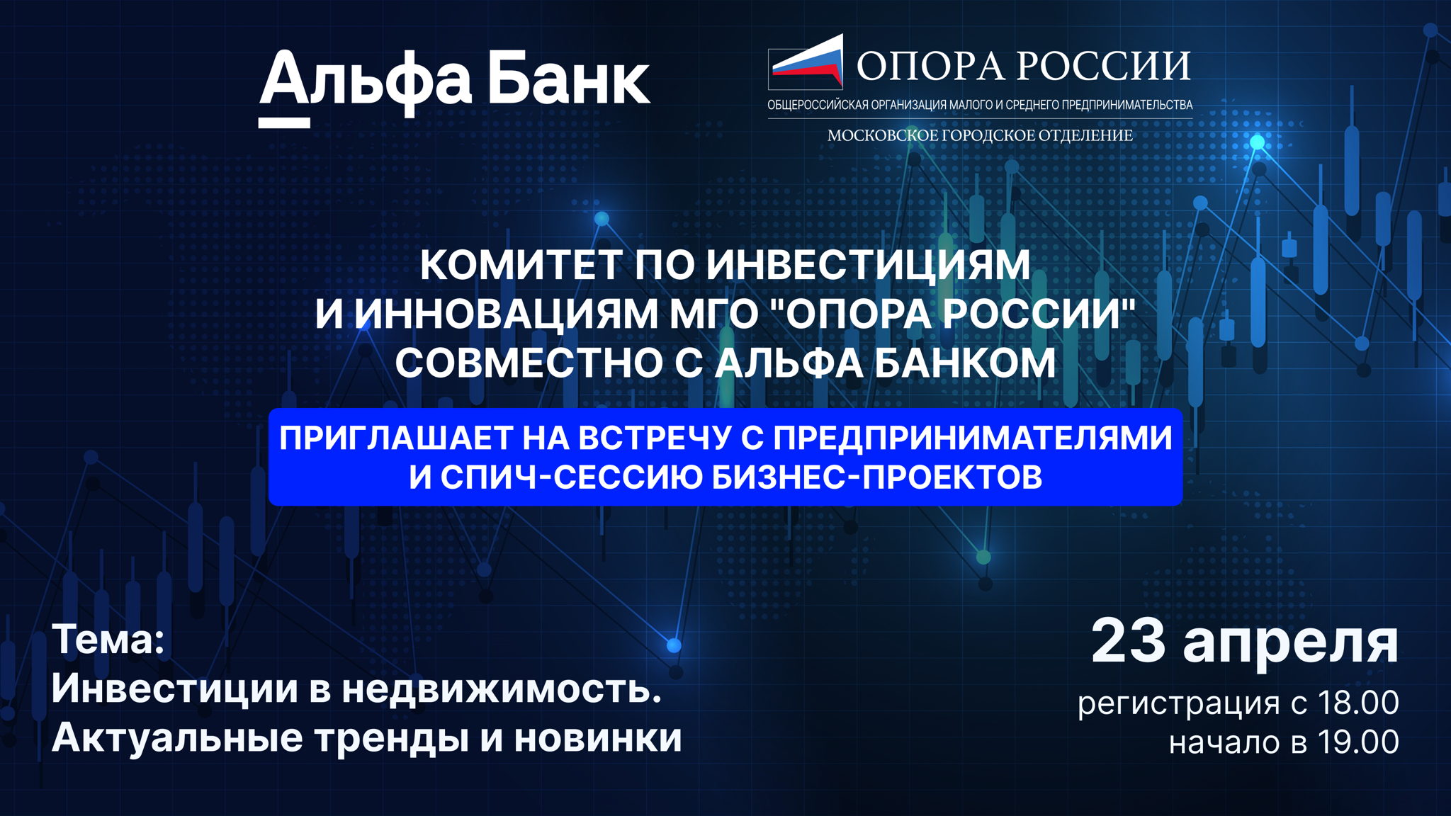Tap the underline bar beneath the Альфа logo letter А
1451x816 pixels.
coord(284,123)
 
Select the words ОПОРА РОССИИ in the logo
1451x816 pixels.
coord(1023,66)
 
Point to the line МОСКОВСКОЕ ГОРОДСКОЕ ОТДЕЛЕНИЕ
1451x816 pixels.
coord(980,135)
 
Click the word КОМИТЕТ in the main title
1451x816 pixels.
coord(520,265)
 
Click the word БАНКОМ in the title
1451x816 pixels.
coord(964,363)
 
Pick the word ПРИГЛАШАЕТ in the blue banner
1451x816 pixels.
coord(395,438)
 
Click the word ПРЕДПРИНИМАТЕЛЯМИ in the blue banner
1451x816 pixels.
coord(972,438)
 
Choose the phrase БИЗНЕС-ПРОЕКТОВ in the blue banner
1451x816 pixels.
coord(876,477)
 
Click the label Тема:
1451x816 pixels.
coord(108,640)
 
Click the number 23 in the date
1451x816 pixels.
coord(1128,642)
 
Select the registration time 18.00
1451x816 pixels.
coord(1357,703)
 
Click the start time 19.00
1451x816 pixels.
coord(1357,742)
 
